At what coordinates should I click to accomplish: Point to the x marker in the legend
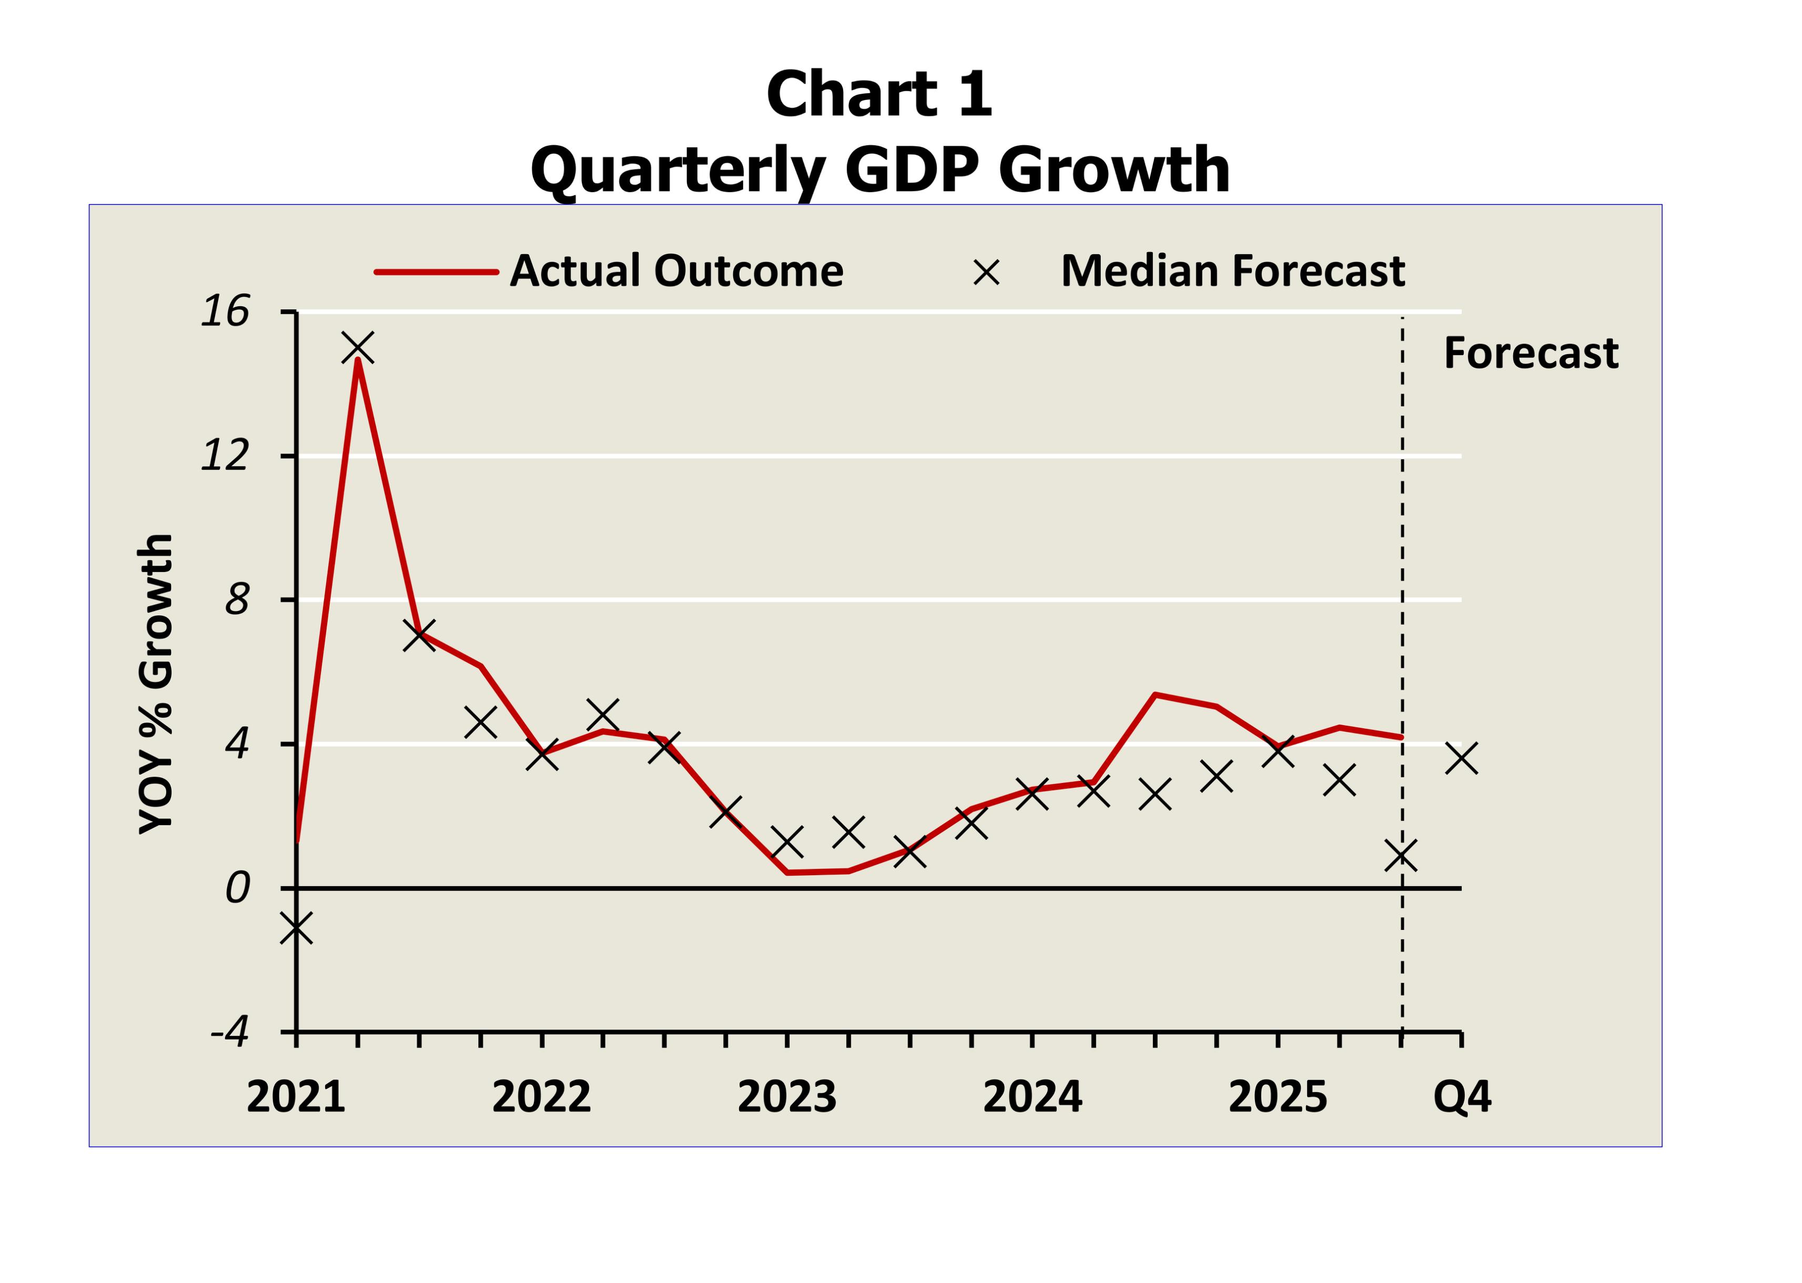tap(986, 273)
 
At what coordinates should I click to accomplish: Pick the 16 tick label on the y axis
tap(225, 311)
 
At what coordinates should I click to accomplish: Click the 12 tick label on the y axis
tap(225, 456)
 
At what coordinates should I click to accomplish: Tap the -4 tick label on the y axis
tap(230, 1031)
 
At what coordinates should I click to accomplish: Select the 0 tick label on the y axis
tap(237, 888)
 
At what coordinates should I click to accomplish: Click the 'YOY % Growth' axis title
tap(156, 684)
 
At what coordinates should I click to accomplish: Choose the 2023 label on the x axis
tap(786, 1097)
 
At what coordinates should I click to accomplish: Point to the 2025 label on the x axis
tap(1278, 1097)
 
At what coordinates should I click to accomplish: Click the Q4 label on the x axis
tap(1462, 1097)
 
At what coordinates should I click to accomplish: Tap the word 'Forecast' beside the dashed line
tap(1531, 353)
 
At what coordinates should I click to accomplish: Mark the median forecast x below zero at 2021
tap(296, 928)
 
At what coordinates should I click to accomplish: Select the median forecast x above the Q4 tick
tap(1462, 758)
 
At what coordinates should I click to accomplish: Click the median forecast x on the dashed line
tap(1401, 855)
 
